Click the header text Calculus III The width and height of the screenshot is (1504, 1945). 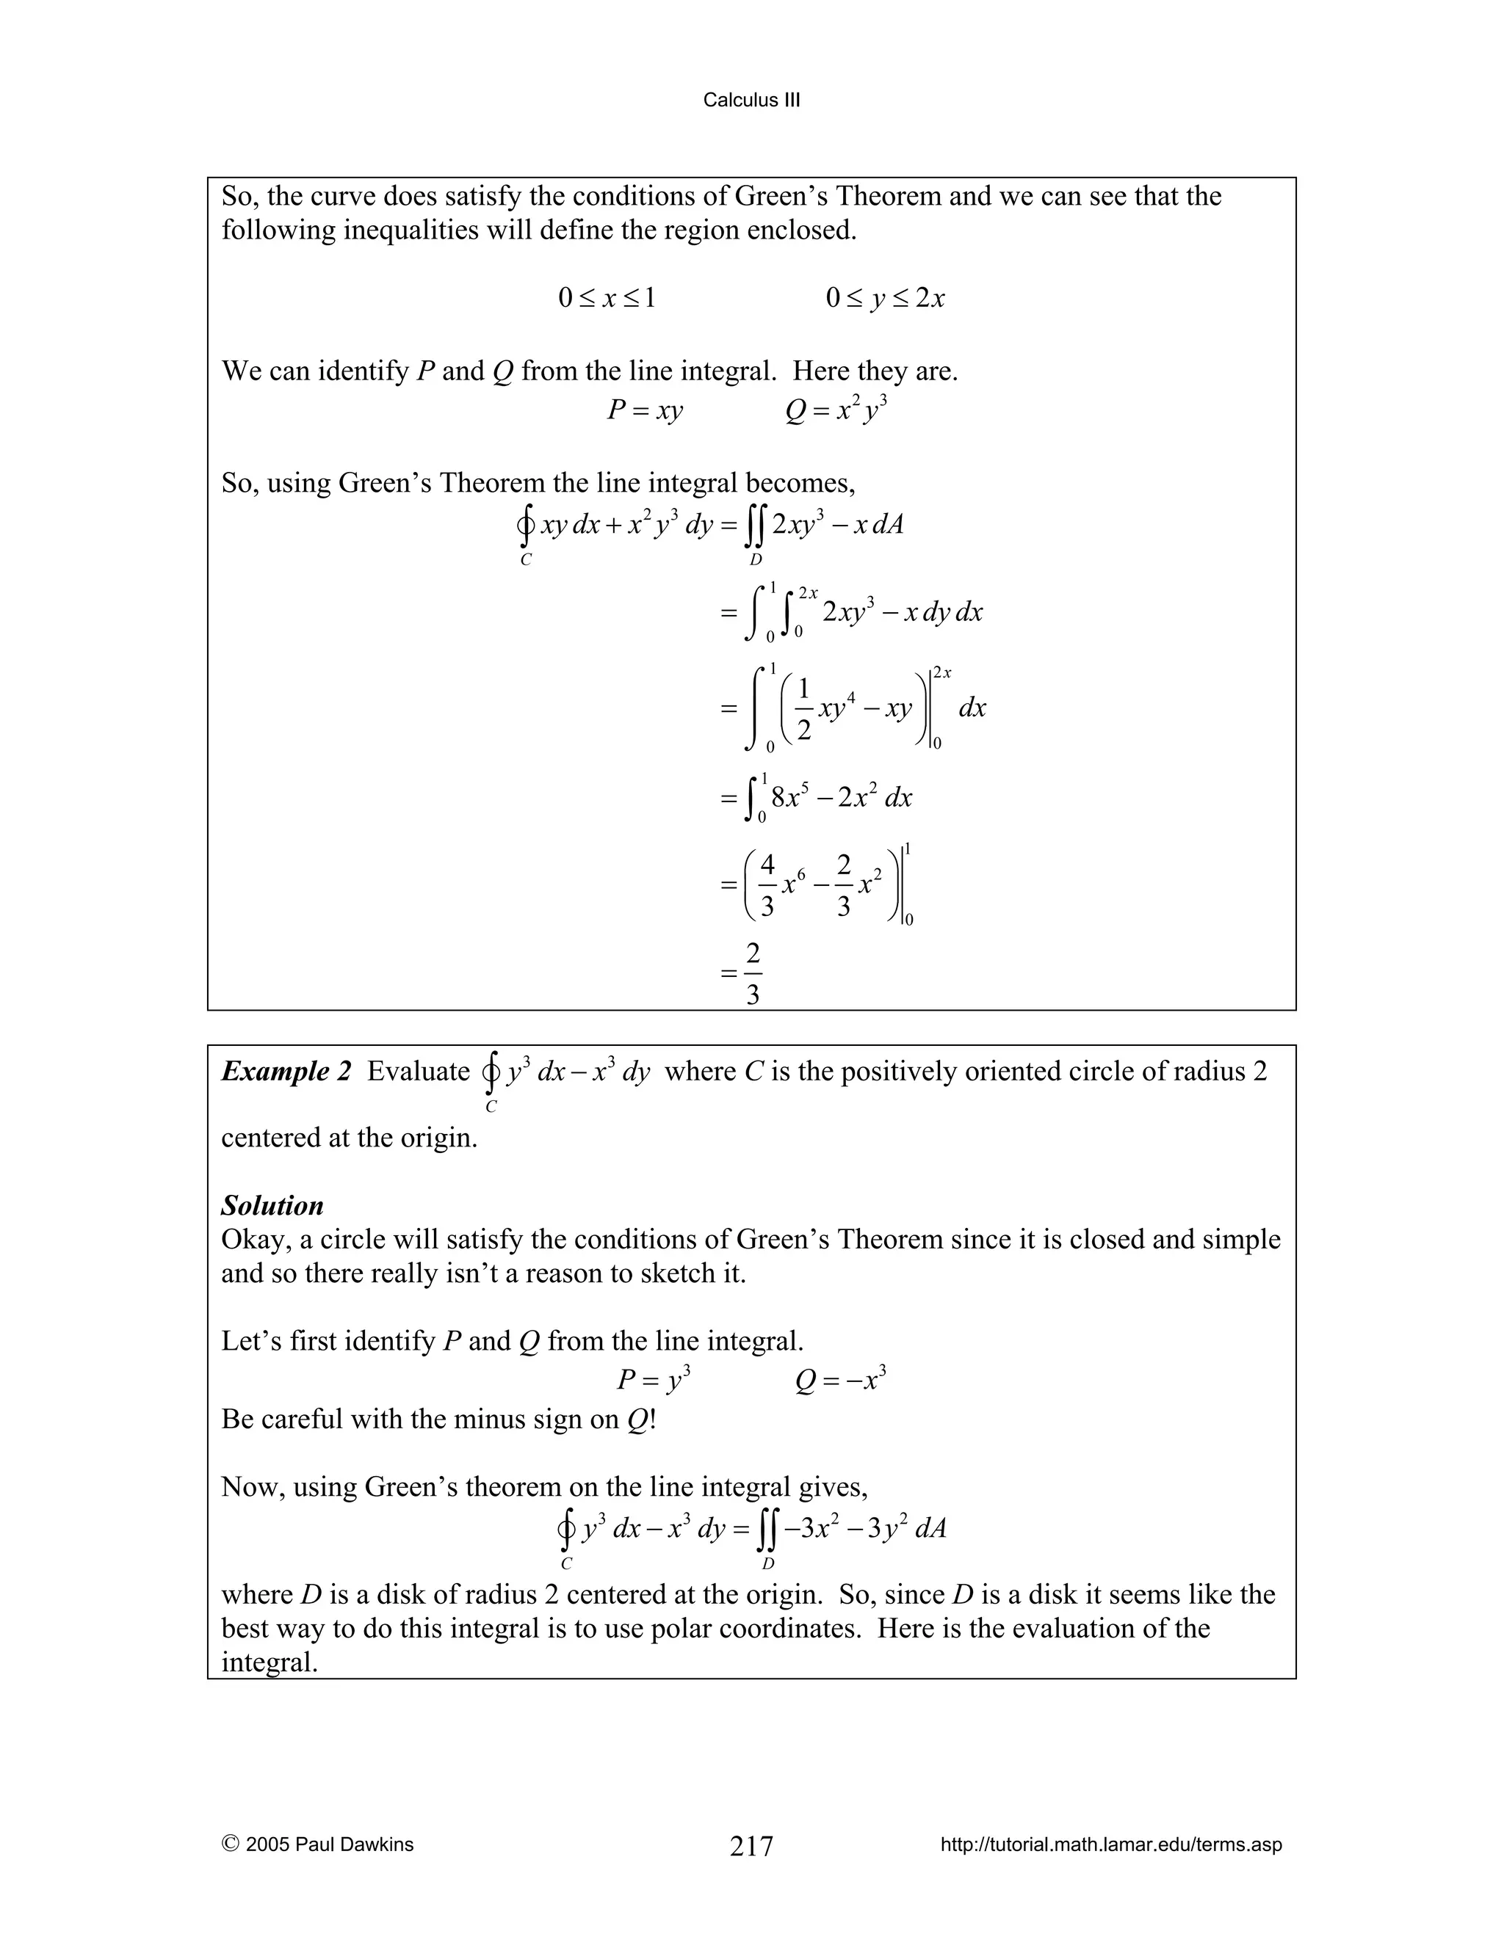(751, 100)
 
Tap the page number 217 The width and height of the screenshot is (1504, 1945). (751, 1846)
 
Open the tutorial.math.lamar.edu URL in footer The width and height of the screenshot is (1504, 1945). (1110, 1844)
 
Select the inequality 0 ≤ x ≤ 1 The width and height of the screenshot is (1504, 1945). (607, 297)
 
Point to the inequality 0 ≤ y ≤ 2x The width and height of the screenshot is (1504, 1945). (885, 297)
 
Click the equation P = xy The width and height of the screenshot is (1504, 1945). (645, 410)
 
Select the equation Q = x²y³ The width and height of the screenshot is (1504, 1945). (836, 410)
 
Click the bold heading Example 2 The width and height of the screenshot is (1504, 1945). (286, 1072)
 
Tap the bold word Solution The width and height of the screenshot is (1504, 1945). (272, 1206)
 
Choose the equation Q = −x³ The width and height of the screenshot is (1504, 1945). (840, 1380)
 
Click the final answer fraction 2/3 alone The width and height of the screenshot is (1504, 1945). (753, 974)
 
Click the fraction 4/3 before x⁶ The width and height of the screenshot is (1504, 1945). (766, 885)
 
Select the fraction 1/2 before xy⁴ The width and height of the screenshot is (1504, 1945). (803, 709)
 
